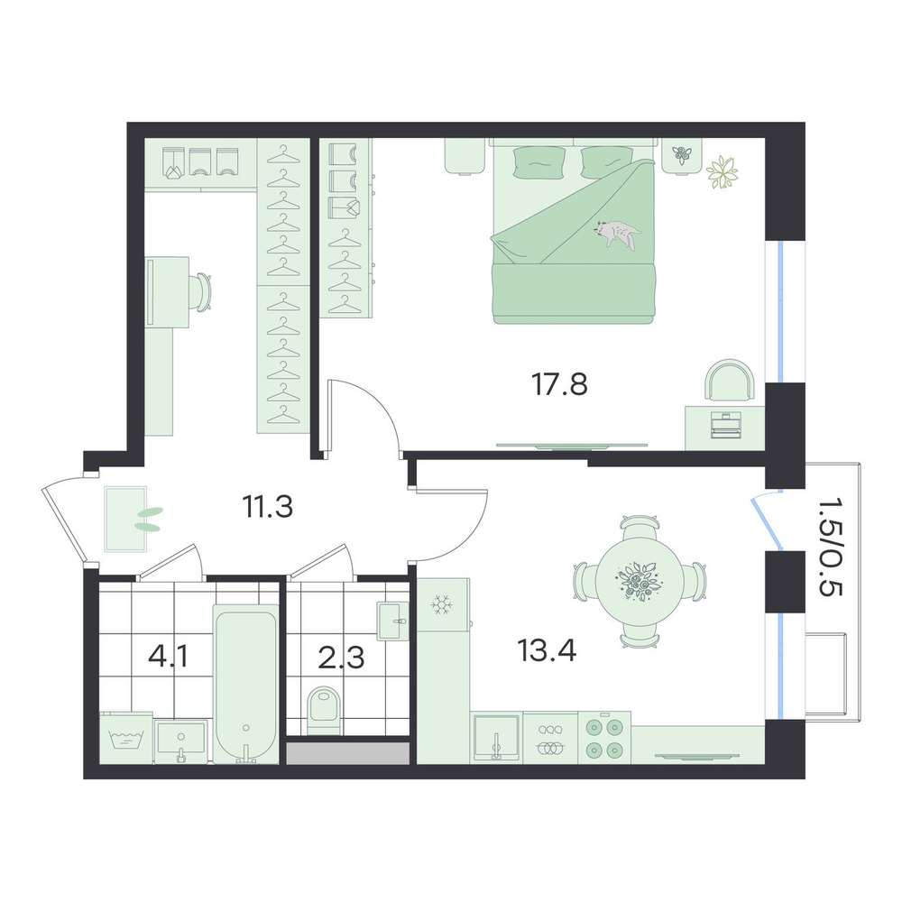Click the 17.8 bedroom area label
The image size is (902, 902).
(560, 384)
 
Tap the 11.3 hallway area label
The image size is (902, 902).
(268, 507)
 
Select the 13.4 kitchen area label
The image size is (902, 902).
(547, 650)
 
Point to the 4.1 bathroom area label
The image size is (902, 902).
(168, 657)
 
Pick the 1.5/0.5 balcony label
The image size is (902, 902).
(830, 547)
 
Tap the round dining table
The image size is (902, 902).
(640, 581)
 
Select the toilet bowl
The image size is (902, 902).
(323, 712)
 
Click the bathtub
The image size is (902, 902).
(246, 684)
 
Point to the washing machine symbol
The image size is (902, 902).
(126, 738)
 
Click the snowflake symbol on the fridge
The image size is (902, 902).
(442, 605)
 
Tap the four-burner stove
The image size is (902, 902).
(604, 738)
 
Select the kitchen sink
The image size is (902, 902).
(496, 738)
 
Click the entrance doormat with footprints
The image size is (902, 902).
(126, 519)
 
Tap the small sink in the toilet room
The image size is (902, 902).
(393, 621)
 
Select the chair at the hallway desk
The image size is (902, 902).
(202, 292)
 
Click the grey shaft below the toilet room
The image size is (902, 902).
(347, 753)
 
